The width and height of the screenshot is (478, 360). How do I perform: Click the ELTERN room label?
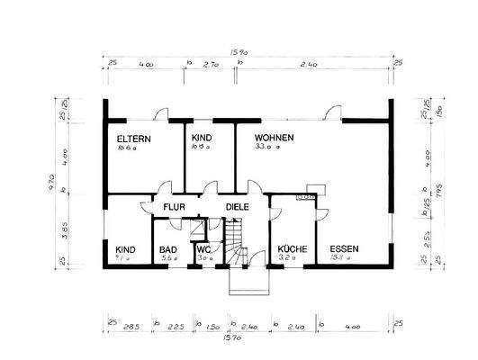[x=134, y=139]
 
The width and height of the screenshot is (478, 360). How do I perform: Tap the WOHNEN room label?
[x=275, y=138]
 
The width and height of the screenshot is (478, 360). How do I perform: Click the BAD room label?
[x=168, y=249]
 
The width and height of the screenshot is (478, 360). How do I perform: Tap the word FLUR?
[x=173, y=206]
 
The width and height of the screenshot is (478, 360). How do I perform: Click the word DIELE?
[x=237, y=206]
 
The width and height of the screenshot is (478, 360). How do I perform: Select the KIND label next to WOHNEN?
[x=202, y=138]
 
